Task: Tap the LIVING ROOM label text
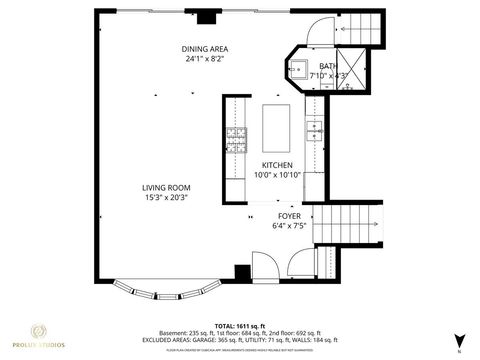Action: pyautogui.click(x=166, y=187)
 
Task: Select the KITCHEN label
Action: pyautogui.click(x=277, y=165)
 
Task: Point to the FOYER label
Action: pyautogui.click(x=289, y=216)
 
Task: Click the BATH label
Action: pyautogui.click(x=328, y=66)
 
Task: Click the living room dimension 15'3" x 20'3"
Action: pyautogui.click(x=166, y=197)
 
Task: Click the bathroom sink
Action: pyautogui.click(x=298, y=70)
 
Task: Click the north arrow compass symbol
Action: pyautogui.click(x=459, y=340)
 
